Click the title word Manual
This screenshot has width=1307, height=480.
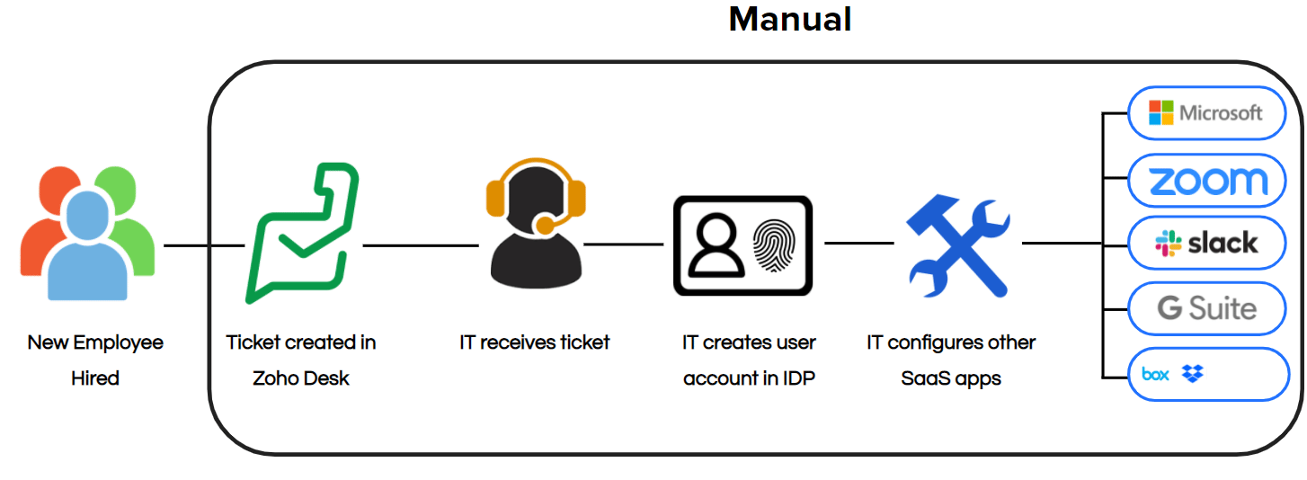tap(790, 19)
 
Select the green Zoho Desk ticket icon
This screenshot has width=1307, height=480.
tap(302, 233)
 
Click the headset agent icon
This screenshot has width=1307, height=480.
tap(536, 223)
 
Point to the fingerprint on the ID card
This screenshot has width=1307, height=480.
tap(774, 245)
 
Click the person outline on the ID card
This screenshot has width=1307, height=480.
tap(716, 245)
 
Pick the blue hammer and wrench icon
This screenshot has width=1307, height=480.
tap(958, 245)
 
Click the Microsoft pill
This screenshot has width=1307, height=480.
tap(1206, 113)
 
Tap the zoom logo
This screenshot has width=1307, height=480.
tap(1208, 182)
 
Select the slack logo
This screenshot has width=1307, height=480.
tap(1206, 244)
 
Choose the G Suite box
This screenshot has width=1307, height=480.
tap(1206, 308)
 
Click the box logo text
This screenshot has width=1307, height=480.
tap(1155, 374)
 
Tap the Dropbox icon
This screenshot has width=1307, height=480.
tap(1193, 373)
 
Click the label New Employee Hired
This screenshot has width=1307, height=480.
tap(95, 360)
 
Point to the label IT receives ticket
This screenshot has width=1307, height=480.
tap(535, 342)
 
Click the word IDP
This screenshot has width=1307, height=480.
tap(798, 378)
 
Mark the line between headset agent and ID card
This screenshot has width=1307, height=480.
tap(624, 244)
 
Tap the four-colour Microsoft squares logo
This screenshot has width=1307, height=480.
tap(1161, 112)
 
